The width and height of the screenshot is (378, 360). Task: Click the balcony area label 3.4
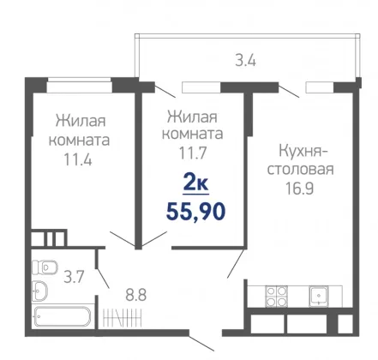[245, 61]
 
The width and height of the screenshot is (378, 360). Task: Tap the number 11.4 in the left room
[78, 159]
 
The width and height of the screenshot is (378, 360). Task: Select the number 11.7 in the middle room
[192, 153]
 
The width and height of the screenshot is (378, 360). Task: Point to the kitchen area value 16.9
[300, 189]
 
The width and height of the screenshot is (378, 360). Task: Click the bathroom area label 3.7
[74, 277]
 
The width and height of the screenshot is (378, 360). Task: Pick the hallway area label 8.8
[136, 295]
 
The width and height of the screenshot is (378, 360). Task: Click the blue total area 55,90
[195, 212]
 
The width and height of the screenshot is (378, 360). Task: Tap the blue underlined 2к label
[195, 184]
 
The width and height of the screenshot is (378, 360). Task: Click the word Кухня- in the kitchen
[303, 151]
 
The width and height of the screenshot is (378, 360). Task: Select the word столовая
[300, 169]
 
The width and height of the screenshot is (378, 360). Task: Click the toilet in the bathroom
[45, 267]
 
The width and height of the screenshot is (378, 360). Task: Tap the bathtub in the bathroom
[62, 316]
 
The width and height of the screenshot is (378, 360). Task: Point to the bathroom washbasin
[39, 291]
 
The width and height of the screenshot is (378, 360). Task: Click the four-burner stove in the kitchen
[276, 297]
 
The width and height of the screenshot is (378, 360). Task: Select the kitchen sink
[319, 297]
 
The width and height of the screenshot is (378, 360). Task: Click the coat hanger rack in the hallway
[122, 317]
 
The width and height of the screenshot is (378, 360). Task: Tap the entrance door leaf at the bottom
[201, 343]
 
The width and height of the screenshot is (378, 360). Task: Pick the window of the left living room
[80, 85]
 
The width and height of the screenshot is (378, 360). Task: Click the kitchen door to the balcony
[289, 91]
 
